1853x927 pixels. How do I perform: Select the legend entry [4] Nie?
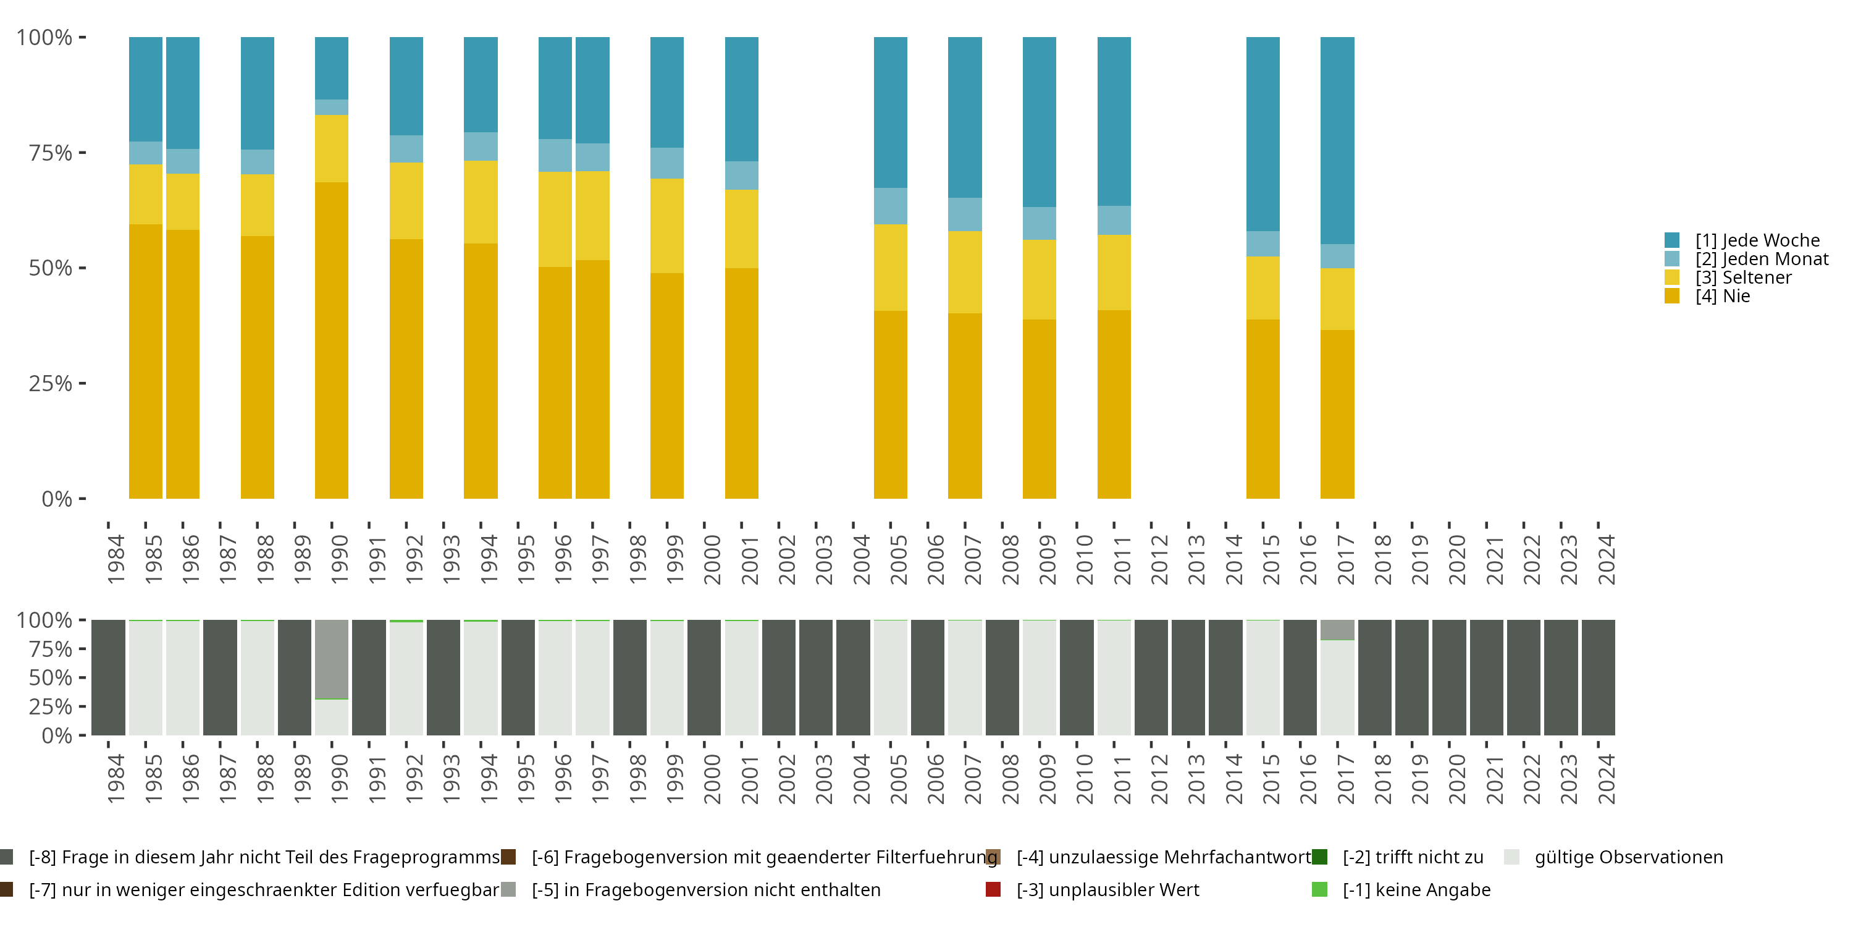[1722, 296]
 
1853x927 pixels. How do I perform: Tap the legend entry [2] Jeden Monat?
[1761, 259]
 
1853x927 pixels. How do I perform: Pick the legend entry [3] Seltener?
[1743, 278]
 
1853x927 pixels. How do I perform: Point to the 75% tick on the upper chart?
[51, 153]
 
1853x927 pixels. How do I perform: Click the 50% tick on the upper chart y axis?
[51, 268]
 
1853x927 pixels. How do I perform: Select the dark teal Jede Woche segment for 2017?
[1337, 140]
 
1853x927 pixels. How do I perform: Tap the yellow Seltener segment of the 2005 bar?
[891, 268]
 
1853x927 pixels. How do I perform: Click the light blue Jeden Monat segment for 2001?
[742, 176]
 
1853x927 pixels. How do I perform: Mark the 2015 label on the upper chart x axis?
[1271, 559]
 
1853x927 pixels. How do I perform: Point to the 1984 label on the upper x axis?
[116, 559]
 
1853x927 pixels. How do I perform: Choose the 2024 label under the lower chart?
[1607, 779]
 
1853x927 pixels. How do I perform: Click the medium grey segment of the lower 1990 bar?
[332, 659]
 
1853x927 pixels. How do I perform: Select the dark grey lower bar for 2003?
[816, 677]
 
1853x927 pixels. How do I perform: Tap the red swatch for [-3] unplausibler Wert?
[993, 889]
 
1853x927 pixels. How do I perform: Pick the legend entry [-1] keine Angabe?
[1416, 889]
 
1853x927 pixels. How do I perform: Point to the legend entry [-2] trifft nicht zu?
[1412, 857]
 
